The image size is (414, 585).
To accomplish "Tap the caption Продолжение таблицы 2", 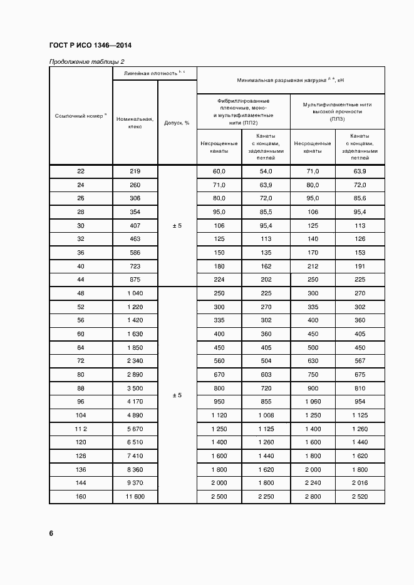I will coord(87,61).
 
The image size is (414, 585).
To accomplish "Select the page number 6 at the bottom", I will coord(51,533).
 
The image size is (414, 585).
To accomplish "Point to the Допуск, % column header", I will coord(177,123).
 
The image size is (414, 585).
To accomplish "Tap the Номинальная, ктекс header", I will coord(135,122).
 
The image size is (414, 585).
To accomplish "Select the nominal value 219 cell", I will coord(135,171).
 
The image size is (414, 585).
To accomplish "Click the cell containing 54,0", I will coord(266,171).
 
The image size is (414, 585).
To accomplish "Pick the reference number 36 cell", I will coord(80,253).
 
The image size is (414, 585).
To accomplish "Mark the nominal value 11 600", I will coord(135,496).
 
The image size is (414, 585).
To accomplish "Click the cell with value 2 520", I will coord(360,496).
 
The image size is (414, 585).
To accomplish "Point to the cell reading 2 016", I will coord(360,482).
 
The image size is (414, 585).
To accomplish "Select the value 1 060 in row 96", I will coord(313,401).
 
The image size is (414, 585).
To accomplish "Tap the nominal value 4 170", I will coord(135,401).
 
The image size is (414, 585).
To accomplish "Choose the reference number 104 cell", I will coord(80,415).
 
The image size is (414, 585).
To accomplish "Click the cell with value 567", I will coord(360,360).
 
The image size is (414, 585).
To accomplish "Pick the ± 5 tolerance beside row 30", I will coord(177,226).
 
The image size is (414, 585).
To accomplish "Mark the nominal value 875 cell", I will coord(135,280).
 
